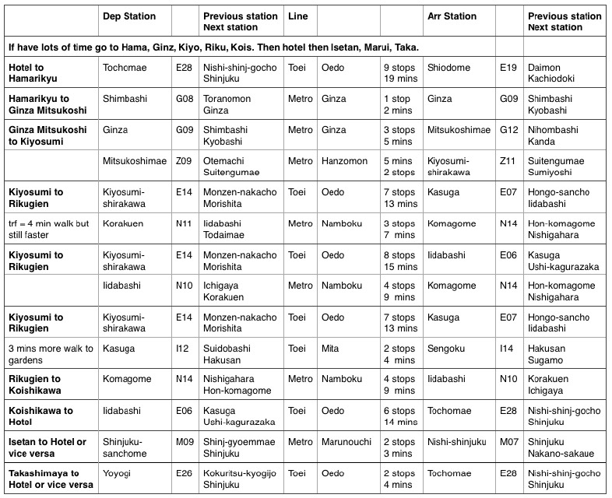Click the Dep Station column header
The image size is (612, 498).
(129, 16)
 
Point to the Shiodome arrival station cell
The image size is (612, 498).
(449, 68)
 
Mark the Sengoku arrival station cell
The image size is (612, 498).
(445, 349)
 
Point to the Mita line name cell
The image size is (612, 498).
(331, 349)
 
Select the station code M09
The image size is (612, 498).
(187, 442)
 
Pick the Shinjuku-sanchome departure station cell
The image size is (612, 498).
(125, 447)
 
